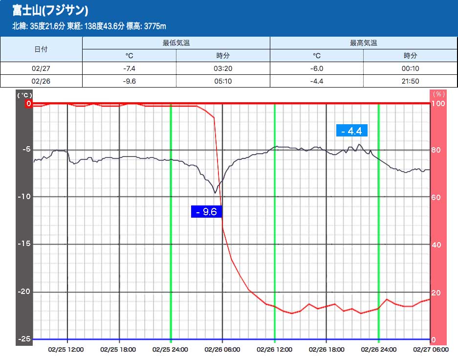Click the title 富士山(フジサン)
point(50,10)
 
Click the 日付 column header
point(41,49)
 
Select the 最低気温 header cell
point(176,43)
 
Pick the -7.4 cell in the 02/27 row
point(129,68)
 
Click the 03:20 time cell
point(223,68)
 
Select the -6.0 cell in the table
point(317,68)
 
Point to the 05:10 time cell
point(223,81)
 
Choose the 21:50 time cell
point(410,81)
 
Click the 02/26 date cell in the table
point(41,81)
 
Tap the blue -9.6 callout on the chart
point(207,211)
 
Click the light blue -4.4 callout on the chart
point(352,131)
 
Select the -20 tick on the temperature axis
point(24,292)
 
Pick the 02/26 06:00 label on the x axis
point(222,350)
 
